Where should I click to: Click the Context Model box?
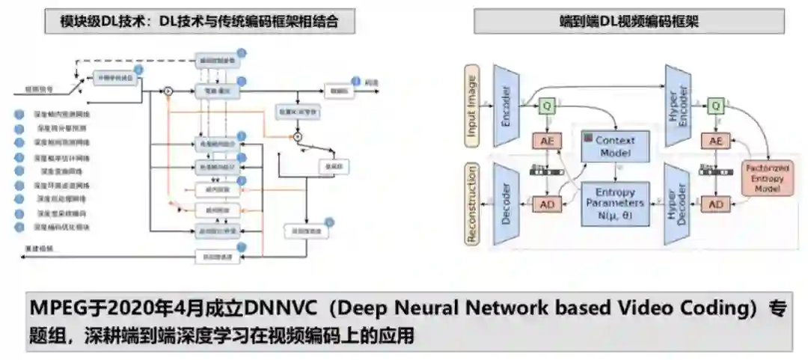616,146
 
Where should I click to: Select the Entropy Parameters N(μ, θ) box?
615,203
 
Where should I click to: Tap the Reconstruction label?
473,204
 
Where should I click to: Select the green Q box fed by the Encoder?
548,107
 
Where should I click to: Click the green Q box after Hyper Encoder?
717,107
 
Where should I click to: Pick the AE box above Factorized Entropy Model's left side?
717,141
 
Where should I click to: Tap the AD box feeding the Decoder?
548,204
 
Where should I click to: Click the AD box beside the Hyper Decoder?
717,204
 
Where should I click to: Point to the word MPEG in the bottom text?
54,308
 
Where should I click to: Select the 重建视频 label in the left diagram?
36,247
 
